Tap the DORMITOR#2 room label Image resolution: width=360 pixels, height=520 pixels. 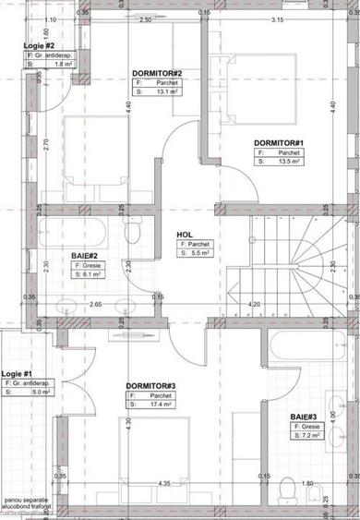coord(156,74)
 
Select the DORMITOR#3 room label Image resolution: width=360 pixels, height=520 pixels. coord(150,385)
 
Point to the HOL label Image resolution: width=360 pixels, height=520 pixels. coord(185,235)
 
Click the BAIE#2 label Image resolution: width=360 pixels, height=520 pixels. coord(86,256)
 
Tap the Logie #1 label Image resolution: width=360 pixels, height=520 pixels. coord(16,372)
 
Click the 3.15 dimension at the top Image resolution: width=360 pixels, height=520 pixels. coord(274,19)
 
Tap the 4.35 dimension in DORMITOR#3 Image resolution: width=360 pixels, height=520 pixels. coord(164,484)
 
